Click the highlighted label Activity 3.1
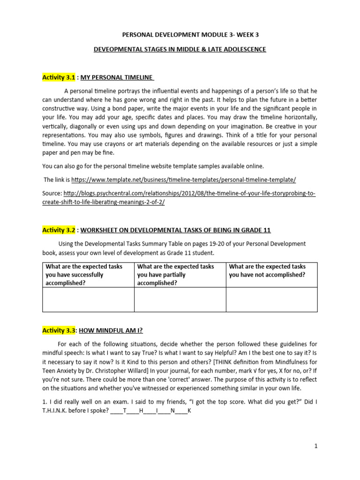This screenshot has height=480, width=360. (59, 77)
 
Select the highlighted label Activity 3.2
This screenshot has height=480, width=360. (59, 230)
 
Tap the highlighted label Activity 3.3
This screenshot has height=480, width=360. (59, 330)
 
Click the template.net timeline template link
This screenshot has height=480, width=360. (184, 180)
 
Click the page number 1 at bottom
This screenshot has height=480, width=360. (316, 446)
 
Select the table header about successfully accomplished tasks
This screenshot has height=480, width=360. (88, 275)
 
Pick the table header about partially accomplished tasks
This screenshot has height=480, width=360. (180, 275)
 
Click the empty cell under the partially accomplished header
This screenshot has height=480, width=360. (180, 300)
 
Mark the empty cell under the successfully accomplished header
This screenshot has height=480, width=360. (88, 300)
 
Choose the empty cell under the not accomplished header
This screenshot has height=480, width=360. (271, 300)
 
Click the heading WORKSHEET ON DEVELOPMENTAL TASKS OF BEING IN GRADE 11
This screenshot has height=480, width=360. (176, 230)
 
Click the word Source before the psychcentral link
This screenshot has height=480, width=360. (52, 193)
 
